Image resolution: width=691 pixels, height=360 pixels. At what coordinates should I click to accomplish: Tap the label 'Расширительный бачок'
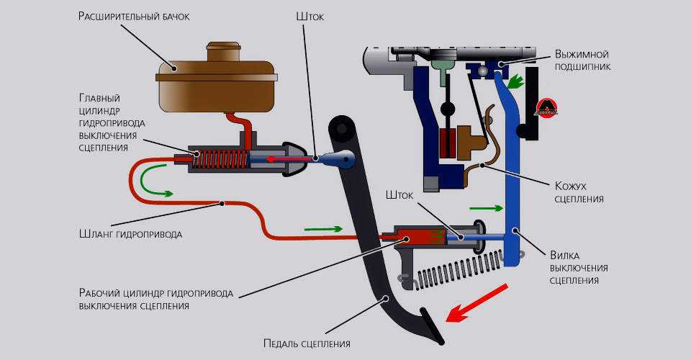(134, 17)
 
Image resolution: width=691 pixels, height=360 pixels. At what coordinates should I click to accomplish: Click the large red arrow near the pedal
(474, 302)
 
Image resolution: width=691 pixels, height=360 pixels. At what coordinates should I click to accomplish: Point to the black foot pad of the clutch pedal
(432, 327)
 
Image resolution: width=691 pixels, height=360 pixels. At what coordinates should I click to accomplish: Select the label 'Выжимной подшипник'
(583, 60)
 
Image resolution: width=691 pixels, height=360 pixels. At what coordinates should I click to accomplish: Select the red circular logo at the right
(546, 109)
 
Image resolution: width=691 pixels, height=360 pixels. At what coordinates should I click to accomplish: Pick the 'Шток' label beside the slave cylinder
(400, 195)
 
